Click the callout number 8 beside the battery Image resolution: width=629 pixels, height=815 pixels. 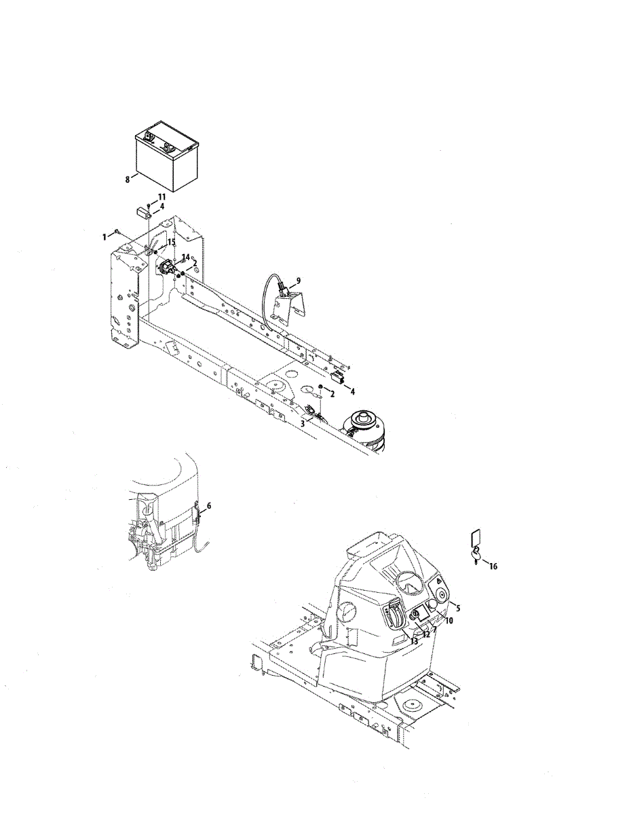128,180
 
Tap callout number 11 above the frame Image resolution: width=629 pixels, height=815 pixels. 161,197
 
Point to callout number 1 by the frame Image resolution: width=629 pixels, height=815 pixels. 104,237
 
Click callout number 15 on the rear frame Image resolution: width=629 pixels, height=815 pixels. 171,242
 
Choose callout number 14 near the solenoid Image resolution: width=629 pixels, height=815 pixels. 185,257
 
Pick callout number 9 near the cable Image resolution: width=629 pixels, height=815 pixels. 298,280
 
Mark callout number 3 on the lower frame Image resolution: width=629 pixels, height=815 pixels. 303,424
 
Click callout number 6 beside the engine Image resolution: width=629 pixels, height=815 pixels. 209,506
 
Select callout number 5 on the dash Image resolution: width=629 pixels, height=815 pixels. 458,608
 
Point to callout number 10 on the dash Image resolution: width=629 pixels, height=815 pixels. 449,621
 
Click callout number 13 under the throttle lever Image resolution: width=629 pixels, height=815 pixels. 414,641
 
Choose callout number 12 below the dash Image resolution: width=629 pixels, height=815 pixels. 426,635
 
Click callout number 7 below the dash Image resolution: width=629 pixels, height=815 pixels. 434,630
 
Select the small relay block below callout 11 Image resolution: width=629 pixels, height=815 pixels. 142,213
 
